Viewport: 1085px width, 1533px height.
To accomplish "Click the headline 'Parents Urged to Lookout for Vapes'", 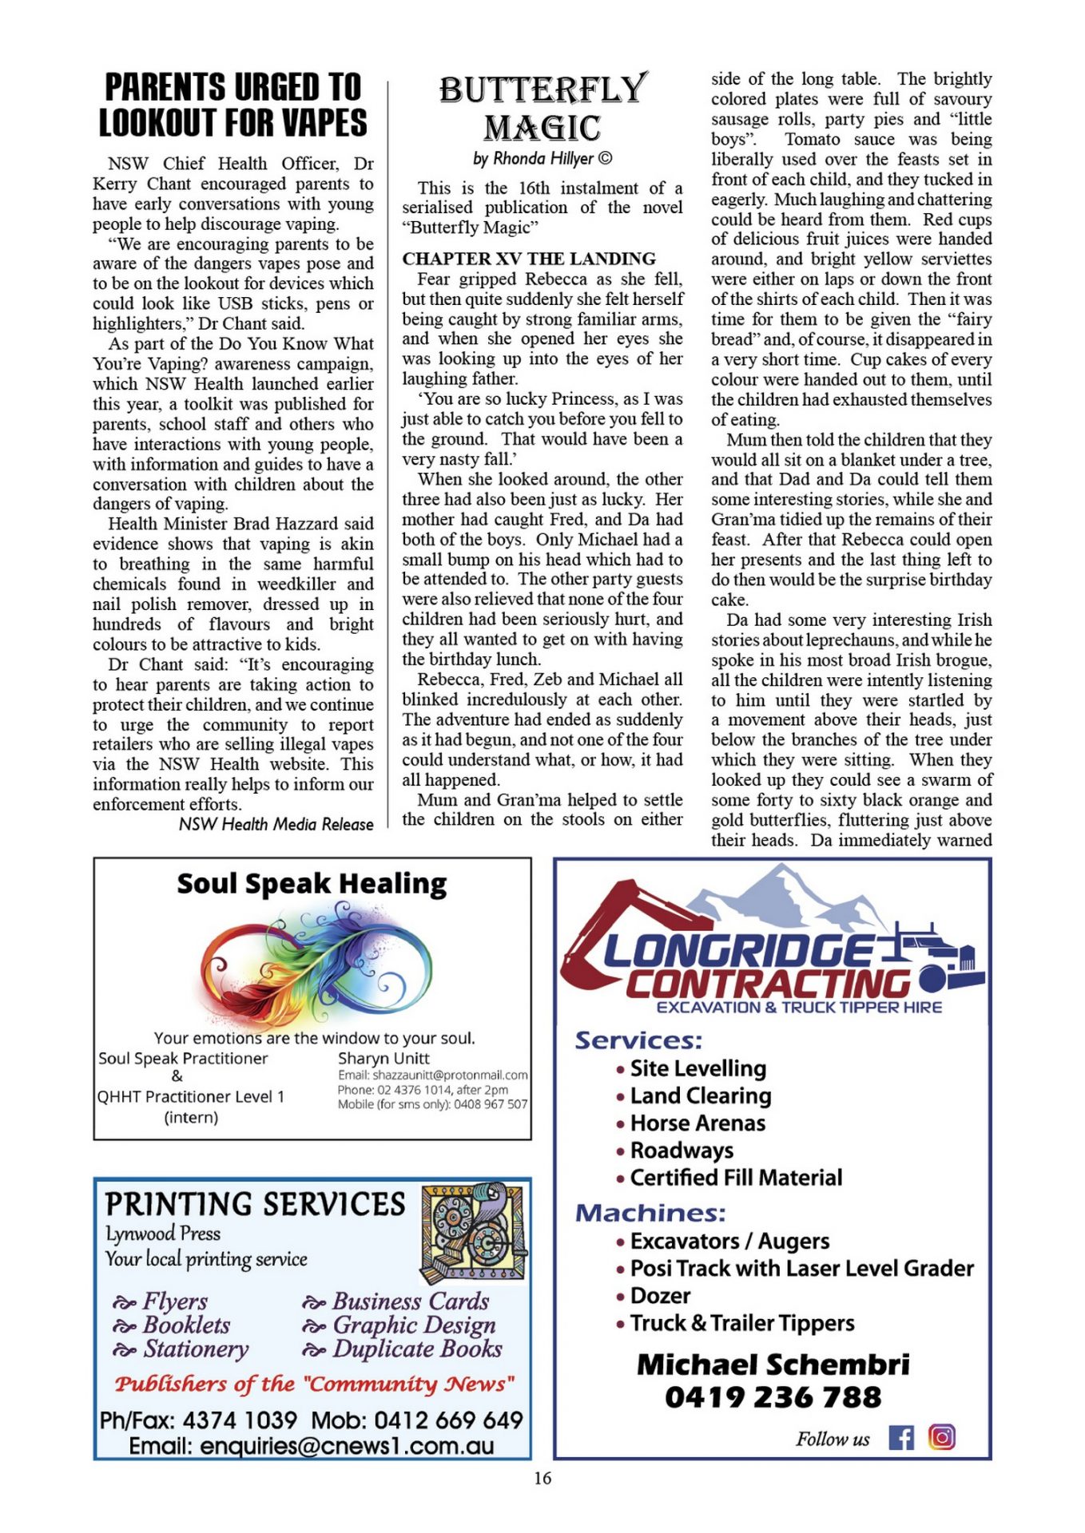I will pyautogui.click(x=232, y=105).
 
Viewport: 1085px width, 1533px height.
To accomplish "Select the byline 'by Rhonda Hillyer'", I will pyautogui.click(x=542, y=158).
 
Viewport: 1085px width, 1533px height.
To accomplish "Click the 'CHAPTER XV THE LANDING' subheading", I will pyautogui.click(x=529, y=259).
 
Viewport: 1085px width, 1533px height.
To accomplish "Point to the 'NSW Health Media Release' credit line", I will pyautogui.click(x=276, y=824).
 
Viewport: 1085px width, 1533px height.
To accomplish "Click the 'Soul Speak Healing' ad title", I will pyautogui.click(x=312, y=884).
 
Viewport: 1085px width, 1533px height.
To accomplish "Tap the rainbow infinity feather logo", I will pyautogui.click(x=316, y=964).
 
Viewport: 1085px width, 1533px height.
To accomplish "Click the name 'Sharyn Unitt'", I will pyautogui.click(x=384, y=1058).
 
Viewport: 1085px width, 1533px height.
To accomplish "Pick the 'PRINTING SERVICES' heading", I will pyautogui.click(x=255, y=1204).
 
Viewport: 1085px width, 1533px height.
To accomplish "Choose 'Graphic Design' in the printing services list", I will pyautogui.click(x=414, y=1325).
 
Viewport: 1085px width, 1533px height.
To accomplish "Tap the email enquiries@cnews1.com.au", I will pyautogui.click(x=312, y=1446).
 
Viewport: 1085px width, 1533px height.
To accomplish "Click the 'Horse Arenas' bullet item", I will pyautogui.click(x=697, y=1123).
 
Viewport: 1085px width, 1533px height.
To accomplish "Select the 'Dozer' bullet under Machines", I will pyautogui.click(x=660, y=1296).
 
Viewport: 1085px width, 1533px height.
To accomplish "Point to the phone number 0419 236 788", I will pyautogui.click(x=773, y=1397).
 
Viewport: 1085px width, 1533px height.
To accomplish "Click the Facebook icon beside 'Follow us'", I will pyautogui.click(x=901, y=1438).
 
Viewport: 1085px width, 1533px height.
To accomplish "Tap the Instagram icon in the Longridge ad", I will pyautogui.click(x=942, y=1437).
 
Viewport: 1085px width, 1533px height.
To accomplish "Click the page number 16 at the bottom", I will pyautogui.click(x=542, y=1478).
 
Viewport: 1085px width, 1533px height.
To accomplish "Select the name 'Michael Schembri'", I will pyautogui.click(x=773, y=1365).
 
